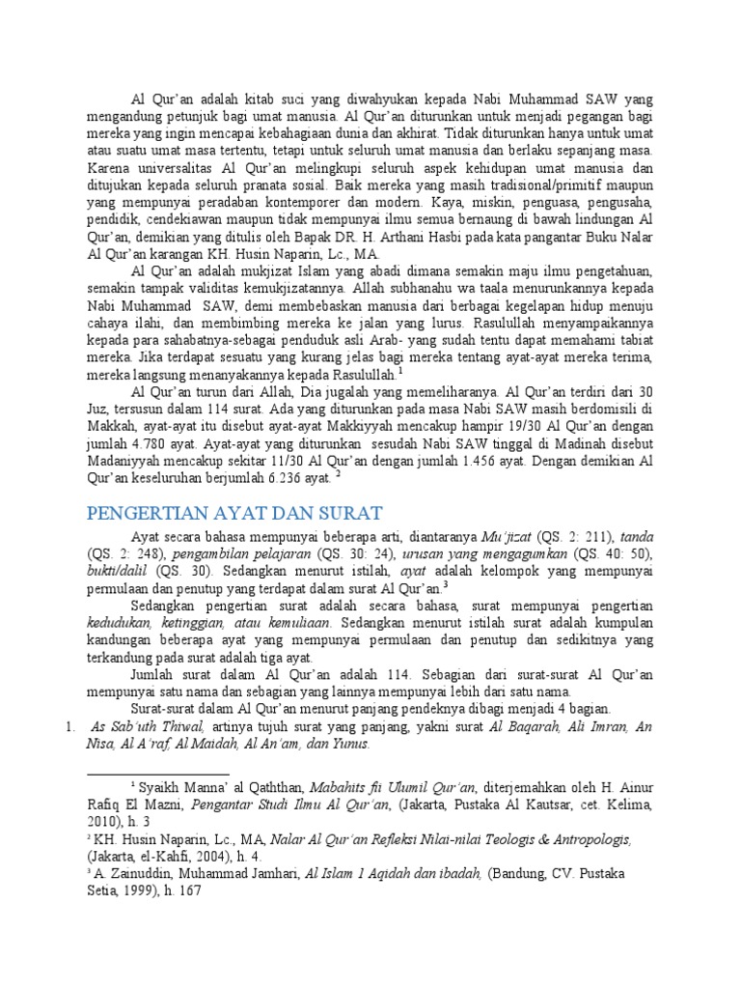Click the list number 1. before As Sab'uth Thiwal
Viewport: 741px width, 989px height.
tap(70, 726)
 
